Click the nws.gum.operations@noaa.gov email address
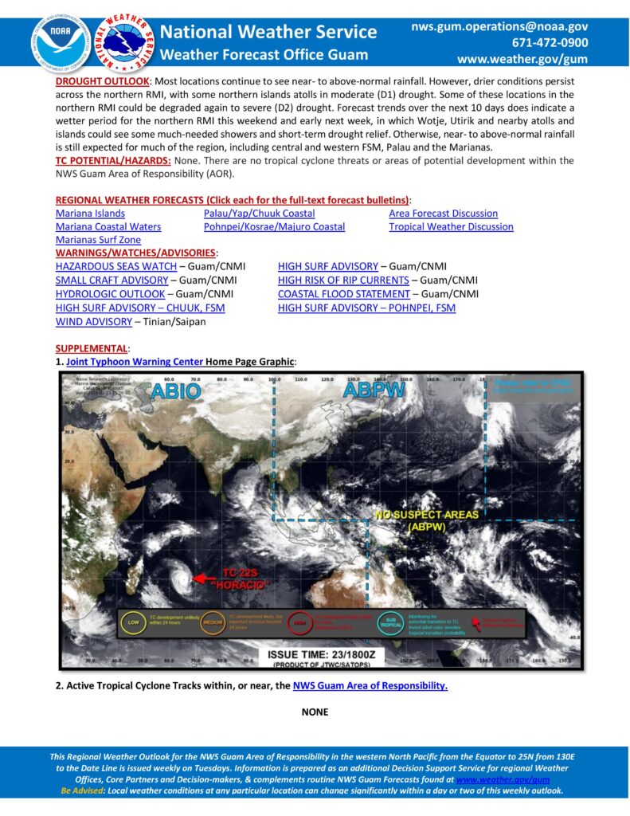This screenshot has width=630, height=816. click(499, 26)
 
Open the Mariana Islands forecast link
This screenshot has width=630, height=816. click(90, 214)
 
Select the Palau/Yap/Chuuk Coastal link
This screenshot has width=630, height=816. click(259, 214)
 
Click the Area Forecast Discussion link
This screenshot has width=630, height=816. click(443, 214)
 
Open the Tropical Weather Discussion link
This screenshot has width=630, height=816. click(451, 227)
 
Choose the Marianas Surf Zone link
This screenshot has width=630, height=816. click(98, 240)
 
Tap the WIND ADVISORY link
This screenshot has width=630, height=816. click(93, 322)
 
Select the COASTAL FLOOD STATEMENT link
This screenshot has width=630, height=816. click(343, 294)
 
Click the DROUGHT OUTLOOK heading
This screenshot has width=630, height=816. click(102, 82)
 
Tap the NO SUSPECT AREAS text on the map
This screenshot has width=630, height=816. click(427, 515)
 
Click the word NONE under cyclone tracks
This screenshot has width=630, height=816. click(315, 712)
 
